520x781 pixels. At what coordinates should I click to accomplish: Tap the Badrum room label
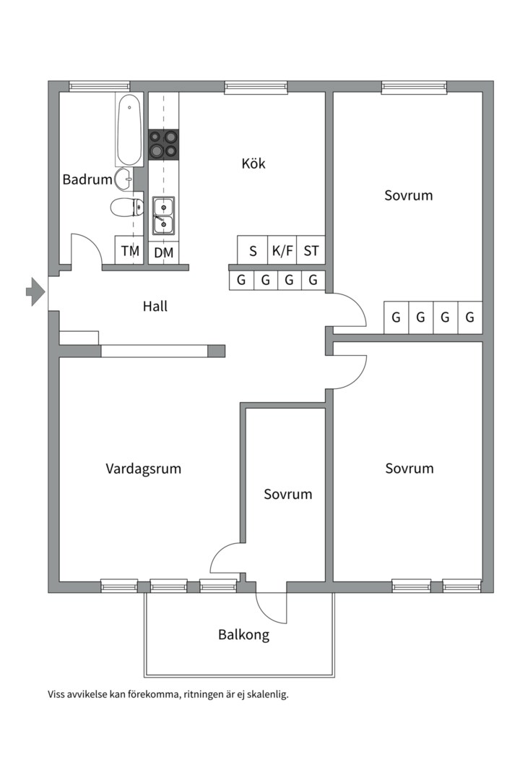click(x=87, y=179)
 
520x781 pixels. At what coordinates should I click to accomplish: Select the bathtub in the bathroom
click(x=129, y=130)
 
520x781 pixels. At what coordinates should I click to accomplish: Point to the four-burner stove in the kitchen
click(x=163, y=144)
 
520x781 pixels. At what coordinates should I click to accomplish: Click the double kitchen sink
click(x=164, y=215)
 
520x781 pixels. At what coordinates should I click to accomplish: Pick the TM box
click(x=130, y=252)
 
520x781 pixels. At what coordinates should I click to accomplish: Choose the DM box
click(x=164, y=252)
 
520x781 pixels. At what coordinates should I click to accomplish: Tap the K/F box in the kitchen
click(x=282, y=252)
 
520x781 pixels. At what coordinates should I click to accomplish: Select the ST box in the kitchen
click(x=311, y=252)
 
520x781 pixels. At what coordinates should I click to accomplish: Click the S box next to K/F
click(x=253, y=252)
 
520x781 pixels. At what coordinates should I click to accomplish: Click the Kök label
click(x=253, y=163)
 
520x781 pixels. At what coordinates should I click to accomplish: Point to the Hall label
click(x=155, y=306)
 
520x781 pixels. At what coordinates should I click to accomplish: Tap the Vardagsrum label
click(x=143, y=469)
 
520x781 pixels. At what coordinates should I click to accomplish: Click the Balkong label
click(x=243, y=635)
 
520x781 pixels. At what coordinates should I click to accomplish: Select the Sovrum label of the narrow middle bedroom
click(x=287, y=495)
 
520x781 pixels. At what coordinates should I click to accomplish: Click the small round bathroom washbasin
click(x=123, y=177)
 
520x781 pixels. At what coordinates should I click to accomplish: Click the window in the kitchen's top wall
click(x=256, y=88)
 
